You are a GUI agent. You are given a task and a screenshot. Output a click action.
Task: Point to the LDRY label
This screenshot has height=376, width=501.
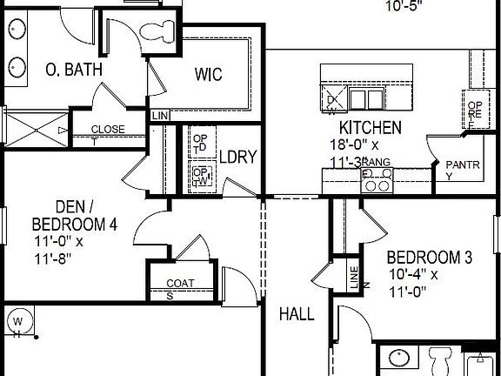237,158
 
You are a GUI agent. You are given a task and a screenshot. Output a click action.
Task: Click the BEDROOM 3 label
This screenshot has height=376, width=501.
429,258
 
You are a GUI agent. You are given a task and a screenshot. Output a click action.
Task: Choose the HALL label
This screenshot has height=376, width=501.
297,314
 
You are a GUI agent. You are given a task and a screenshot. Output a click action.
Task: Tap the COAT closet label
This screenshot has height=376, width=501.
179,283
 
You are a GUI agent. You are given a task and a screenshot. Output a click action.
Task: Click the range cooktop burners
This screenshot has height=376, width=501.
377,180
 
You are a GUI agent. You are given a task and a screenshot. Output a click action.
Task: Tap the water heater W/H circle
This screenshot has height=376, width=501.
17,324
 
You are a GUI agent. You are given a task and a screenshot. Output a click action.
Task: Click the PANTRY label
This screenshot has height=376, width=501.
457,164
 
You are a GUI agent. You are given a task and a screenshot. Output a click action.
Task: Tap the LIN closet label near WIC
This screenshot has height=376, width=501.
159,116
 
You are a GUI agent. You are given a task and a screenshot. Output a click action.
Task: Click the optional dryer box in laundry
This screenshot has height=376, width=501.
201,143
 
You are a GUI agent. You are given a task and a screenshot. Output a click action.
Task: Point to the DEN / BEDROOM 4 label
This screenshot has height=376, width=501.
74,215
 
